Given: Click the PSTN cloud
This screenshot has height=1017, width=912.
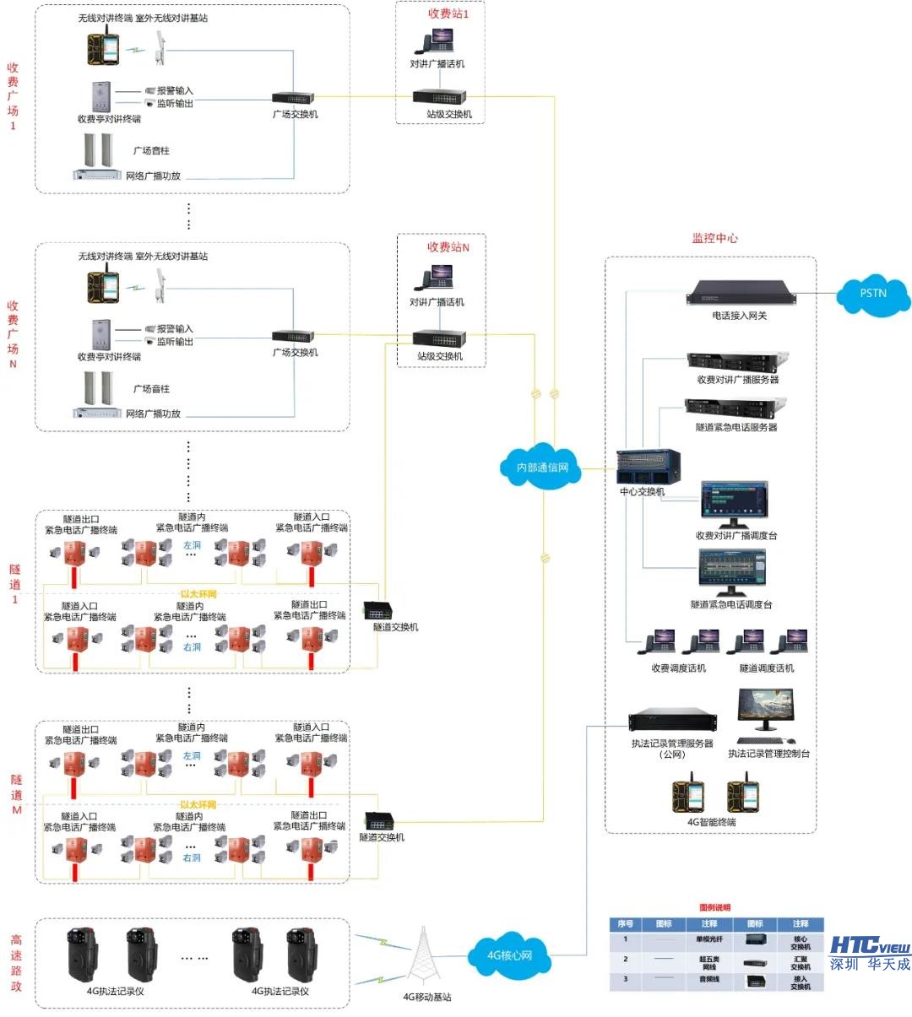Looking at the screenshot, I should point(873,295).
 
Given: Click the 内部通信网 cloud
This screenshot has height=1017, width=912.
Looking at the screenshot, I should point(542,467).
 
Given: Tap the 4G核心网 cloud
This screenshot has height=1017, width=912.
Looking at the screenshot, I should point(509,955).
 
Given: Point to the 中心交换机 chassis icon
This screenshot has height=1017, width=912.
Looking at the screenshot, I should point(648,467).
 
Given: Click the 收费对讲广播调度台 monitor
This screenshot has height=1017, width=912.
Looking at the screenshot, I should point(734,504).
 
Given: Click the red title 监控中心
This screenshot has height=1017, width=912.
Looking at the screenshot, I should point(714,239).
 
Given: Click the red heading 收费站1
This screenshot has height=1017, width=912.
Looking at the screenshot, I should point(448,14).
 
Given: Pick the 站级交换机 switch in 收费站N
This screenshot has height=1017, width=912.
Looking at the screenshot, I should point(439,338).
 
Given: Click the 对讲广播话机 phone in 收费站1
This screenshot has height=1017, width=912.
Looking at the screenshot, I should point(437,41).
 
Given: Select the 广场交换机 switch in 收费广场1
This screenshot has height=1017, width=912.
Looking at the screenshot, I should point(293,98).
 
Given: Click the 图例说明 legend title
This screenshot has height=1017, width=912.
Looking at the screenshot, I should point(714,907).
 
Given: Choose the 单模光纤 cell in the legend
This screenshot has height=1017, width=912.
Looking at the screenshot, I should point(708,939).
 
